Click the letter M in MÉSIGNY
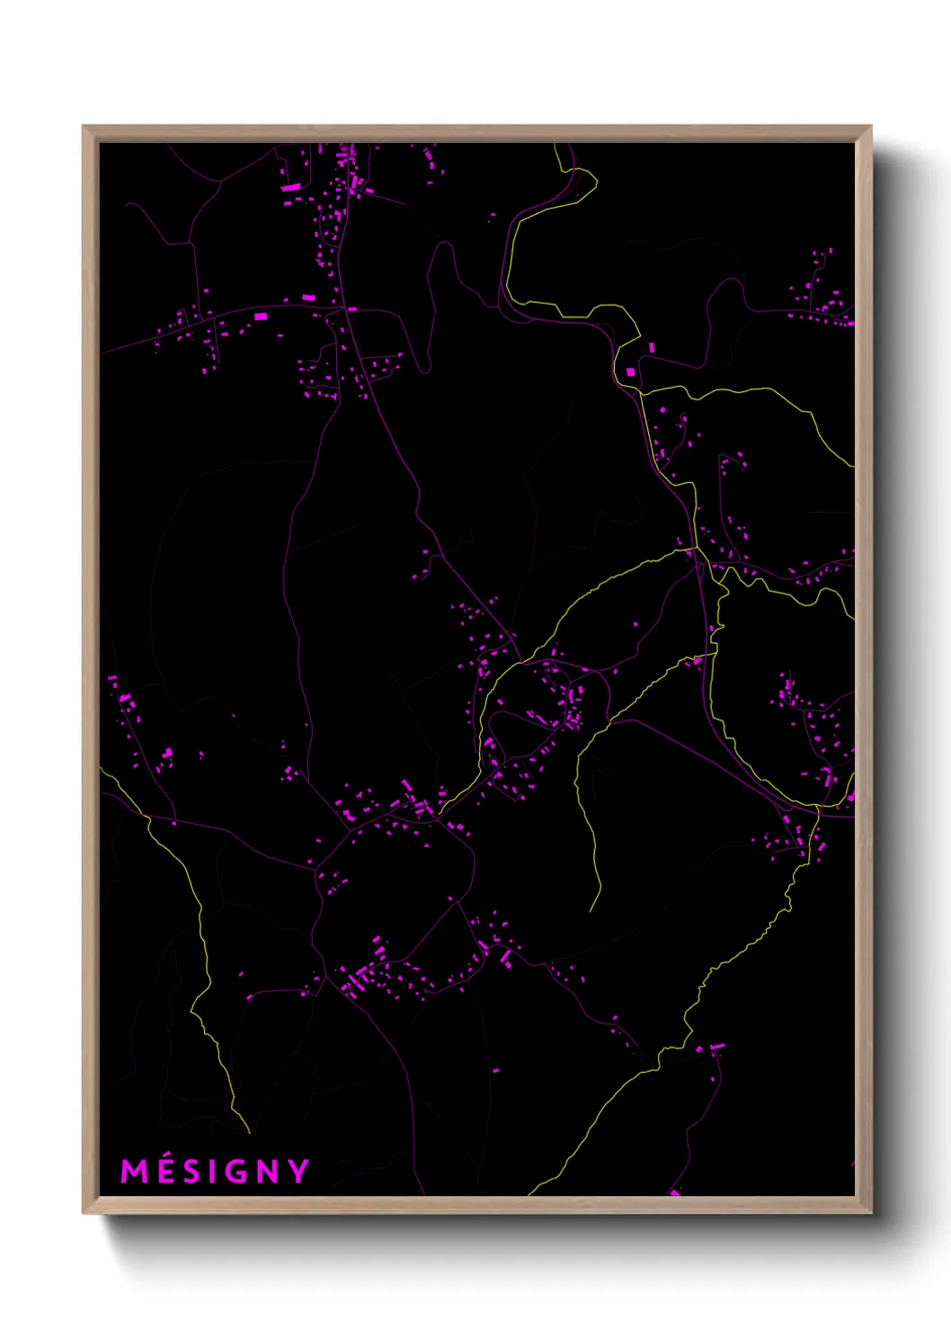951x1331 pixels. tap(134, 1172)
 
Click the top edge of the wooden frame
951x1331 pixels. tap(476, 133)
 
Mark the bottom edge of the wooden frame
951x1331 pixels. tap(476, 1205)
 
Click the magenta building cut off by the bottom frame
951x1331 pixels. tap(675, 1193)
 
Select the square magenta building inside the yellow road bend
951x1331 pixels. tap(630, 371)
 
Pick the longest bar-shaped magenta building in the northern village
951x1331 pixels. tap(291, 187)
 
